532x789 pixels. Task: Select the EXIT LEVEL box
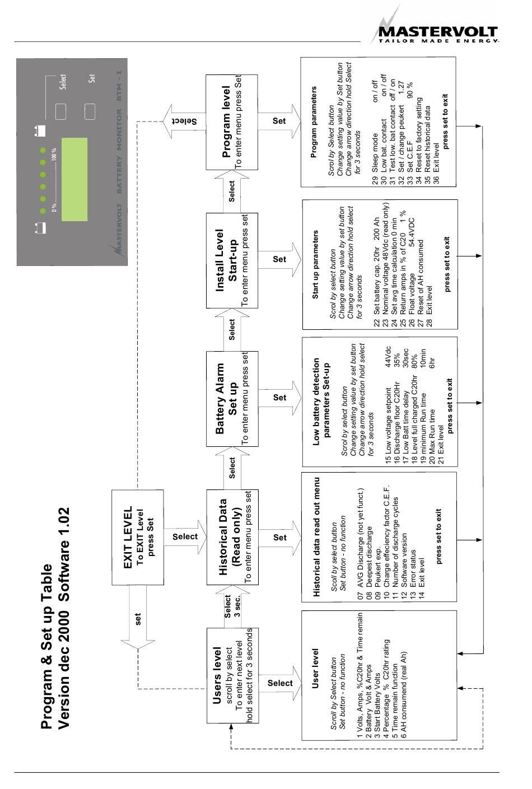[138, 538]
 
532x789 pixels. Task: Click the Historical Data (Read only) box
[232, 537]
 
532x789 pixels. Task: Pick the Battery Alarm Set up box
[232, 399]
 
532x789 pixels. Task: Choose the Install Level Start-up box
[232, 260]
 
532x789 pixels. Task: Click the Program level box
[232, 122]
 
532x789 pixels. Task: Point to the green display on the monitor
[74, 179]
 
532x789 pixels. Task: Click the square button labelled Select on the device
[60, 111]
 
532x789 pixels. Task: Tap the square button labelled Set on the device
[90, 111]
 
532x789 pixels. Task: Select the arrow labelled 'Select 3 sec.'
[232, 606]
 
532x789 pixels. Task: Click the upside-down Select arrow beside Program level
[185, 122]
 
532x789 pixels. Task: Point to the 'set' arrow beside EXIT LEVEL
[138, 617]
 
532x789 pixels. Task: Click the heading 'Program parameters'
[314, 122]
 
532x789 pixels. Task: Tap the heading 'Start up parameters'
[315, 265]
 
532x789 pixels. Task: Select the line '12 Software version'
[404, 566]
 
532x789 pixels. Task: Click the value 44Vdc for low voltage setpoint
[388, 357]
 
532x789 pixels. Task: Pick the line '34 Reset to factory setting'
[418, 140]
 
